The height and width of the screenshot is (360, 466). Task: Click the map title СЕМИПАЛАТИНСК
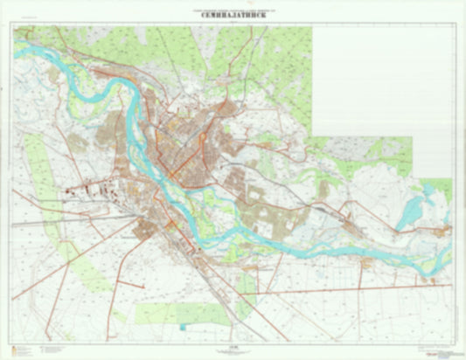tap(233, 14)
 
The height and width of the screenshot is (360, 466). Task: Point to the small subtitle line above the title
tap(233, 8)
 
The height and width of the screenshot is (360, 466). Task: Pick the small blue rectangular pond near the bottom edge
tap(183, 328)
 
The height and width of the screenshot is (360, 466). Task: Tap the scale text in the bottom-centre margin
tap(233, 349)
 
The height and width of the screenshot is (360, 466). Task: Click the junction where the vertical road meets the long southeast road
tap(259, 294)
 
